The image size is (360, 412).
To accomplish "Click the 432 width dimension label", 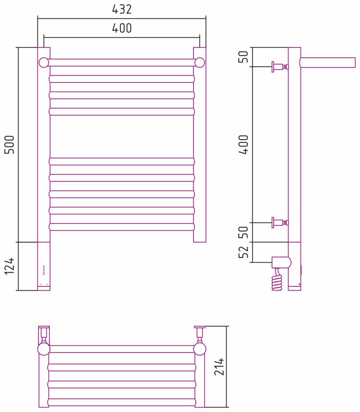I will pyautogui.click(x=122, y=10).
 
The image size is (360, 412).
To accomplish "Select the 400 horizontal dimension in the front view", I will pyautogui.click(x=122, y=28).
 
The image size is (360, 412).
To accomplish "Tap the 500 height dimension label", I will pyautogui.click(x=10, y=144).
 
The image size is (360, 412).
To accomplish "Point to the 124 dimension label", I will pyautogui.click(x=10, y=266).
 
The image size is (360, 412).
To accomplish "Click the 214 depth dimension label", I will pyautogui.click(x=220, y=366).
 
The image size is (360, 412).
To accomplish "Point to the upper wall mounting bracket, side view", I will pyautogui.click(x=279, y=67).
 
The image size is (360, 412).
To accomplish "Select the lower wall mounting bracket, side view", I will pyautogui.click(x=279, y=223).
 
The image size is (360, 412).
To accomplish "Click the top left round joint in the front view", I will pyautogui.click(x=44, y=62).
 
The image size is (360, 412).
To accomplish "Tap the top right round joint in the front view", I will pyautogui.click(x=200, y=62).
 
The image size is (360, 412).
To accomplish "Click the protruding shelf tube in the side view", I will pyautogui.click(x=328, y=62).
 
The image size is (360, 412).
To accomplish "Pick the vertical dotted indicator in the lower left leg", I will pyautogui.click(x=44, y=270).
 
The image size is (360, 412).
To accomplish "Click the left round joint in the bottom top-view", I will pyautogui.click(x=44, y=349).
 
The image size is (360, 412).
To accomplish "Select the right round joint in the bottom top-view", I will pyautogui.click(x=200, y=349).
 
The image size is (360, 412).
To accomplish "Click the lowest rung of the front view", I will pyautogui.click(x=122, y=227).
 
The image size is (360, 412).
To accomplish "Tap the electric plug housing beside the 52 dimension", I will pyautogui.click(x=281, y=262).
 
